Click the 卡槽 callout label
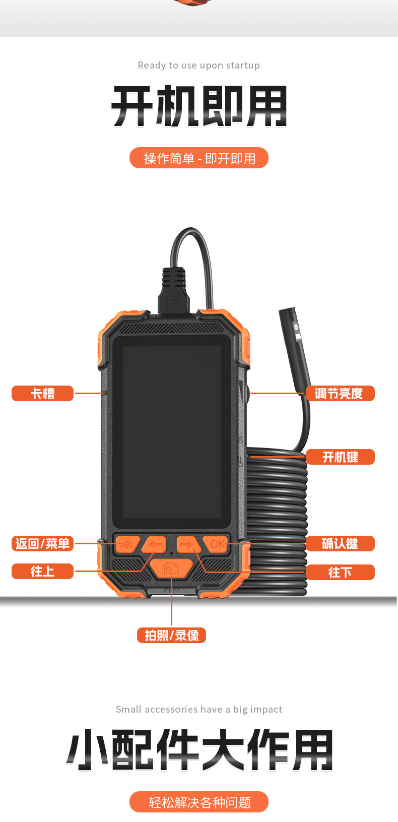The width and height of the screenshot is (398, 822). click(x=42, y=393)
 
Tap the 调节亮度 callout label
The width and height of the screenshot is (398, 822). click(x=340, y=393)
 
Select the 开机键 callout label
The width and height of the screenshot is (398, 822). click(x=340, y=457)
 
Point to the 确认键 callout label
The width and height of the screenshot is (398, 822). click(x=340, y=543)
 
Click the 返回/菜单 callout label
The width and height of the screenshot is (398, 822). click(x=42, y=543)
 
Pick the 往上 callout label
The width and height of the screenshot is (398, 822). click(x=42, y=571)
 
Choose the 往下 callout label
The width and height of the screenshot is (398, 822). click(x=340, y=572)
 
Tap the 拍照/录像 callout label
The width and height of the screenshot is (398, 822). click(x=171, y=635)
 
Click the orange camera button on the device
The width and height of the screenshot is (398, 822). click(x=171, y=568)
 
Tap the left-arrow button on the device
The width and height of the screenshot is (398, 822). click(x=155, y=544)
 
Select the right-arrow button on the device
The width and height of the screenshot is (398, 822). click(x=187, y=544)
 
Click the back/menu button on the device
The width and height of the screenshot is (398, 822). click(x=126, y=544)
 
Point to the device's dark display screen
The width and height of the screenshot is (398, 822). click(x=171, y=431)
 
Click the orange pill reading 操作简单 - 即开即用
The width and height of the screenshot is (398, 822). click(x=199, y=158)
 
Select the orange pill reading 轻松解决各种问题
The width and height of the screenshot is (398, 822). click(x=199, y=802)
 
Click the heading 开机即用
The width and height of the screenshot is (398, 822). click(x=199, y=106)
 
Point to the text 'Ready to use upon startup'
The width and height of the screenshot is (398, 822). click(x=199, y=65)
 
